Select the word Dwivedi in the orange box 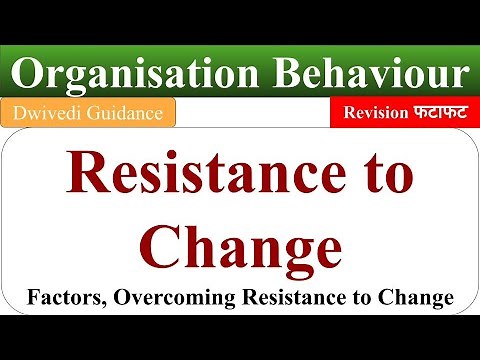44,115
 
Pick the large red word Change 240,246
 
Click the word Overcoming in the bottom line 169,298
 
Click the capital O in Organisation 31,74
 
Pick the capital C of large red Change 161,245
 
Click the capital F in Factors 33,297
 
